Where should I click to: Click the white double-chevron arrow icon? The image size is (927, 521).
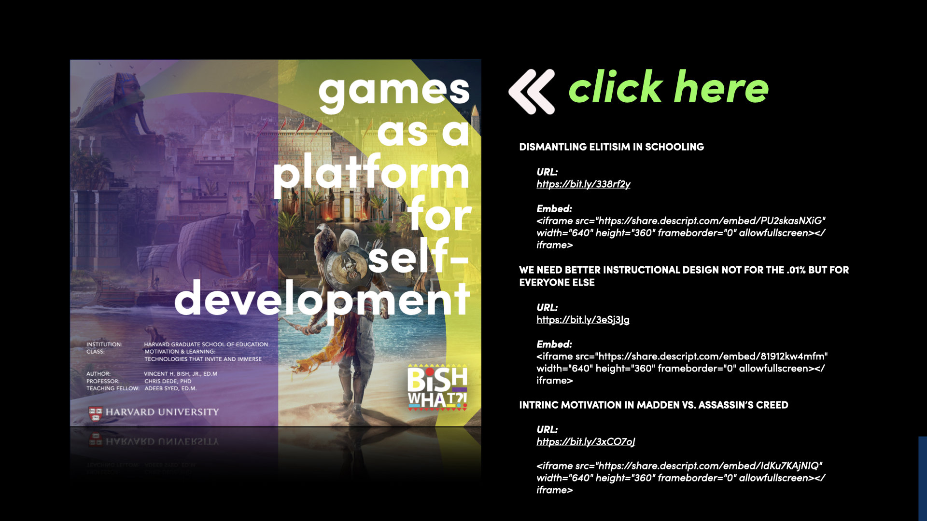532,92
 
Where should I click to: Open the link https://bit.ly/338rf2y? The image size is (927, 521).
583,184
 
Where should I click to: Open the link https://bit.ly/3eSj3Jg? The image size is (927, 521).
583,319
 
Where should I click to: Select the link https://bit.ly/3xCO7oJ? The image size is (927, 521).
586,441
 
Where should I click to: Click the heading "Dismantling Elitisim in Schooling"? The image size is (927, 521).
611,147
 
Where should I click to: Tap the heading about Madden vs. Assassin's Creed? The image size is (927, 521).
653,405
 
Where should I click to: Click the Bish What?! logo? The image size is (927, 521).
437,387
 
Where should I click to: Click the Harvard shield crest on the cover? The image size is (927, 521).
95,412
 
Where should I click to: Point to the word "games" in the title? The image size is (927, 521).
393,91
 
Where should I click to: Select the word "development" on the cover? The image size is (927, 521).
322,300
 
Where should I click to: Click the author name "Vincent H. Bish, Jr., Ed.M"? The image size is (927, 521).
181,374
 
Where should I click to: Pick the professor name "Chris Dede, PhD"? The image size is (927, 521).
168,381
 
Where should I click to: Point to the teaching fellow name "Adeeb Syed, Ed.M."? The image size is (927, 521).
170,388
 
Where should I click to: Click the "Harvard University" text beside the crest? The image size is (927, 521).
162,412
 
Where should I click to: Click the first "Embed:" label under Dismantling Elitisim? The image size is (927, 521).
554,208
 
